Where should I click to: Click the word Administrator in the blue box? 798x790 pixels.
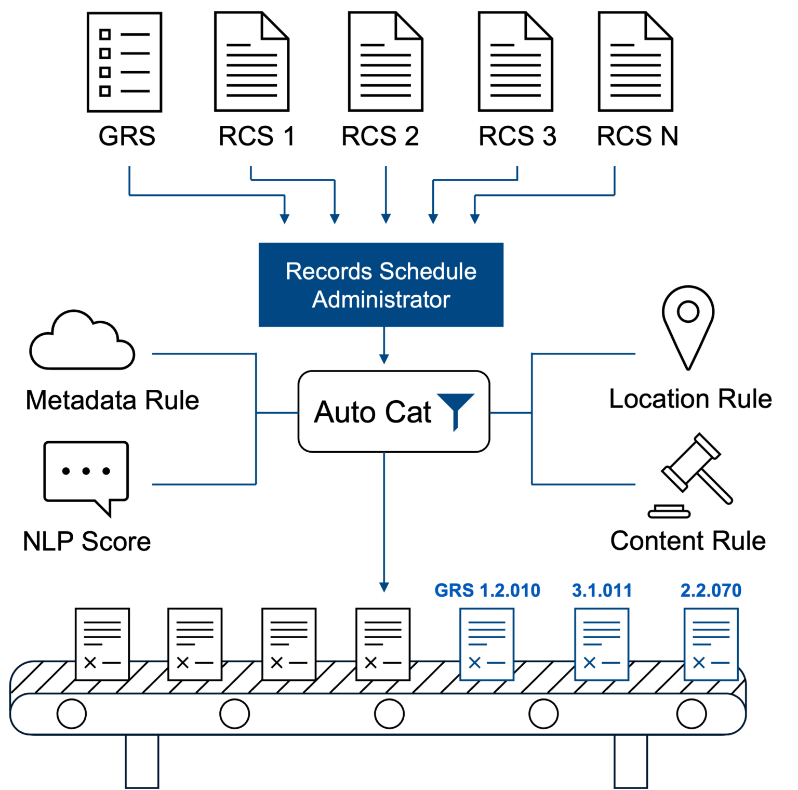tap(381, 300)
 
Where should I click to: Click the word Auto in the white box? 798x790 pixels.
tap(344, 413)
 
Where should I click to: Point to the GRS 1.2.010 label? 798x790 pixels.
tap(487, 590)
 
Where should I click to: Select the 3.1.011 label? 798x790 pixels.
tap(602, 590)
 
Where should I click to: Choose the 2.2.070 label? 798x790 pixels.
tap(711, 590)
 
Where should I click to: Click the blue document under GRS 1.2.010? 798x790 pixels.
tap(487, 644)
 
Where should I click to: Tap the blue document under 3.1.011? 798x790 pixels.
tap(602, 644)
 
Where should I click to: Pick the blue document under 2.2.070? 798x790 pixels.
tap(711, 644)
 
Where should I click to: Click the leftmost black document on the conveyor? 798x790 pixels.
tap(102, 644)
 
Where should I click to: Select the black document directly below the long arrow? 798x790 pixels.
tap(383, 644)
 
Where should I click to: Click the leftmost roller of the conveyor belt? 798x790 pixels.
tap(72, 714)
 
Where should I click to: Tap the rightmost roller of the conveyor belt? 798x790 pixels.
tap(691, 714)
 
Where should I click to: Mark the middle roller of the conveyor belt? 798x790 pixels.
tap(389, 714)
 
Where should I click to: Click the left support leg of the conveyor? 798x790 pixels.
tap(142, 761)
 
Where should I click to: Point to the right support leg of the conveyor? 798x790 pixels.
tap(631, 761)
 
